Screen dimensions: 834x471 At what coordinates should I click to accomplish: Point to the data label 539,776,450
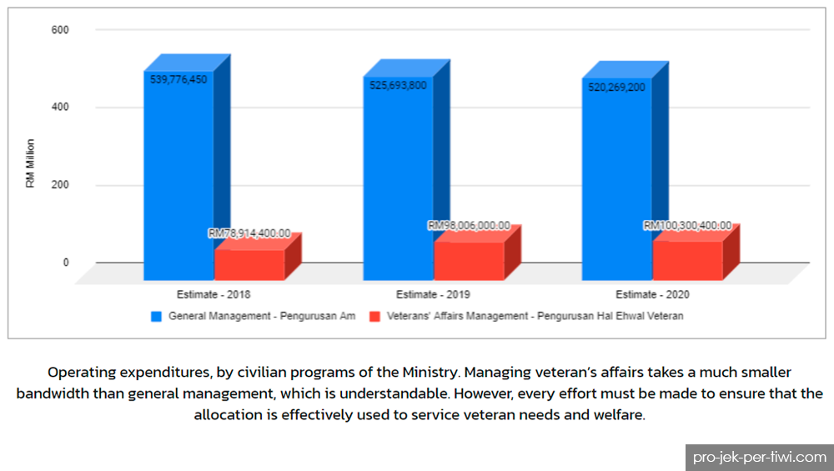coord(178,80)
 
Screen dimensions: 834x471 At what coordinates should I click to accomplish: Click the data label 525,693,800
coord(399,86)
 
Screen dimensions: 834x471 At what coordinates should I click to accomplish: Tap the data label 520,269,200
coord(617,88)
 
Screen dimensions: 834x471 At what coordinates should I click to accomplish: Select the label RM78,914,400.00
coord(249,233)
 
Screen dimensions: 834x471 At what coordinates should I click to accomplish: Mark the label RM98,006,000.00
coord(469,225)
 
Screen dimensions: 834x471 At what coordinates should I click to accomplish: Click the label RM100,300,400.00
coord(688,225)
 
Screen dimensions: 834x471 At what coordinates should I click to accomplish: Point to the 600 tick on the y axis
coord(60,30)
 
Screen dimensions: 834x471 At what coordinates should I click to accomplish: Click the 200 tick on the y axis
coord(60,184)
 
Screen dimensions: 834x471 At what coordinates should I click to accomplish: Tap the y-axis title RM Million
coord(30,163)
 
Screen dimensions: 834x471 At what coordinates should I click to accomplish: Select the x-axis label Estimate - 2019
coord(433,294)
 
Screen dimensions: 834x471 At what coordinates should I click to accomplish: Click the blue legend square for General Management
coord(157,316)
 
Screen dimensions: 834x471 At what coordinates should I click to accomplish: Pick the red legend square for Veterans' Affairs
coord(375,316)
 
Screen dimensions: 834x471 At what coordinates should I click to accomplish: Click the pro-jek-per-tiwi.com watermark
coord(760,457)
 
